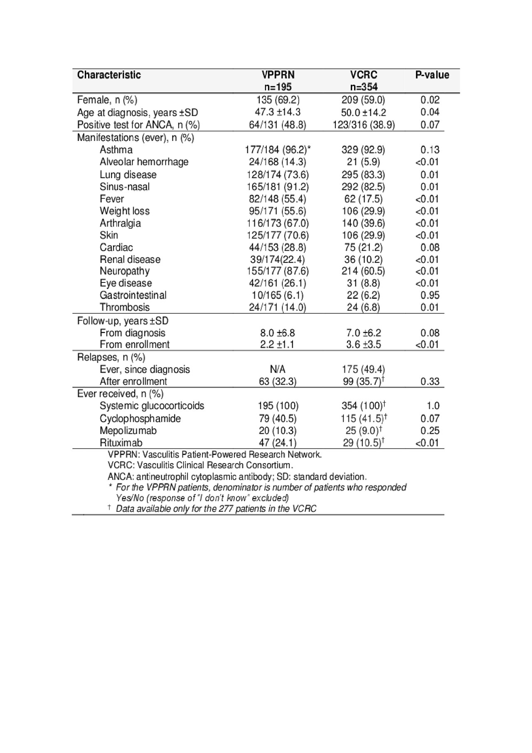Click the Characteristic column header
coord(109,75)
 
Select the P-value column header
coord(432,75)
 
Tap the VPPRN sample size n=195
coord(278,87)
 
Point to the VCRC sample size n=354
coord(363,87)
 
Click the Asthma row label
coord(116,150)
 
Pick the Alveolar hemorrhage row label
coord(144,162)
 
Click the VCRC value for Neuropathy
coord(363,271)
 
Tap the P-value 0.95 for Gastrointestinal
coord(430,295)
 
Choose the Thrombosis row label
coord(125,307)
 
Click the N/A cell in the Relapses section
coord(278,369)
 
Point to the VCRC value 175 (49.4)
coord(363,369)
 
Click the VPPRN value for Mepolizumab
coord(278,431)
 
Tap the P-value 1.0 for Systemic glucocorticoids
coord(432,406)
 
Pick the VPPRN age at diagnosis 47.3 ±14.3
coord(278,112)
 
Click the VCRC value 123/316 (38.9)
coord(363,125)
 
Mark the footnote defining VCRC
coord(200,465)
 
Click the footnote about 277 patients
coord(215,509)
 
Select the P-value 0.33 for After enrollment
coord(430,381)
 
